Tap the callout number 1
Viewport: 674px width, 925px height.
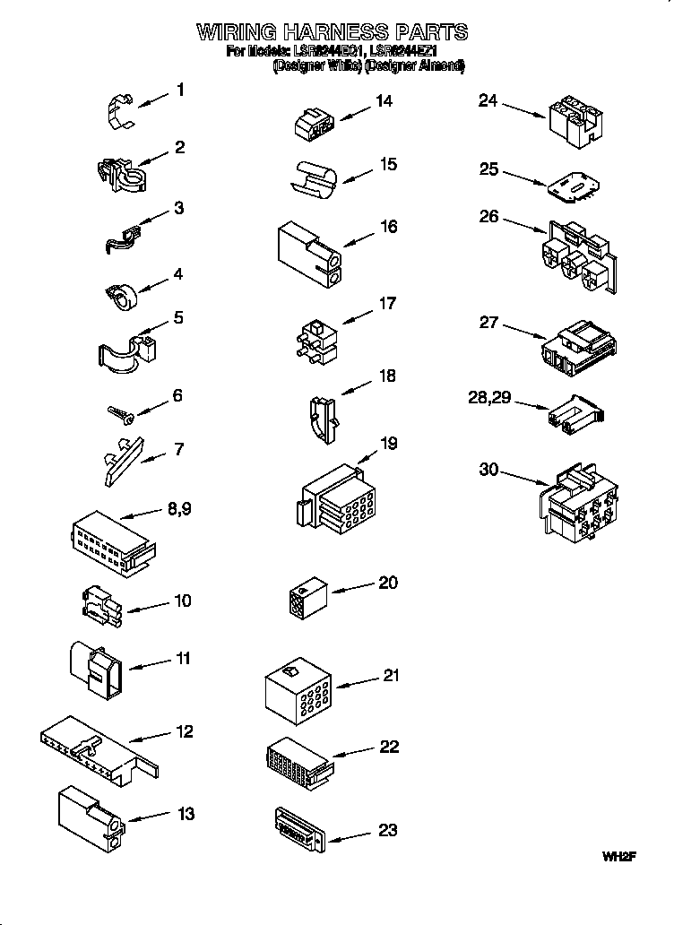181,90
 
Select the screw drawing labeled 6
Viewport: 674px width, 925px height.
120,411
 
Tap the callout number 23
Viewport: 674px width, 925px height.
387,830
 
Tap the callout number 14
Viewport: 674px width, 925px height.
384,101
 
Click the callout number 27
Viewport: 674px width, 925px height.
488,323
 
